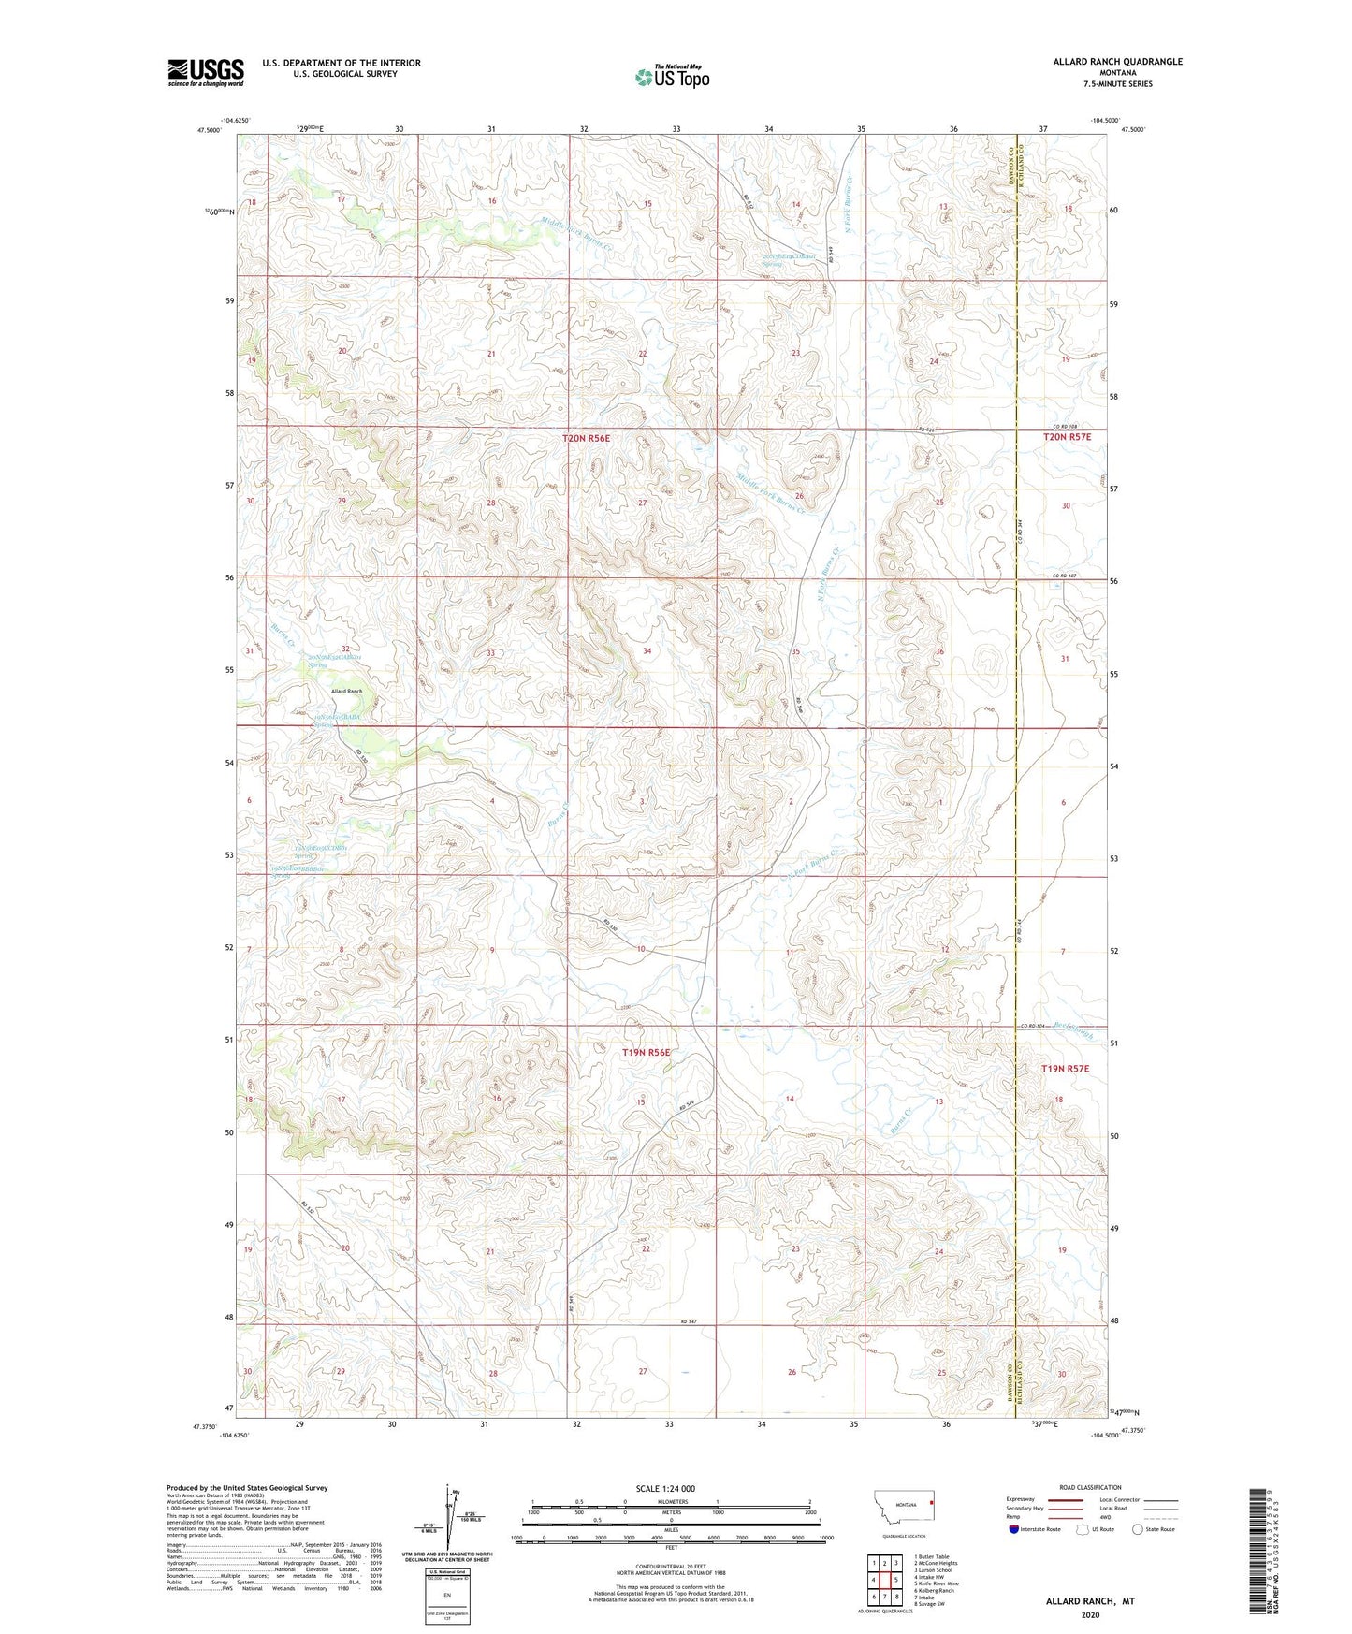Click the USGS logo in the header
[205, 71]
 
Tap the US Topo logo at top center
[672, 77]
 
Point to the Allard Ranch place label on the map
[346, 691]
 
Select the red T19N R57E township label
[1065, 1068]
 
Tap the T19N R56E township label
[646, 1052]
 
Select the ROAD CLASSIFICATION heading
[1090, 1487]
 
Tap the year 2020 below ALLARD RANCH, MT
[1090, 1614]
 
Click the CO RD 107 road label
[1065, 576]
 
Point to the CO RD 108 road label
[1066, 426]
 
